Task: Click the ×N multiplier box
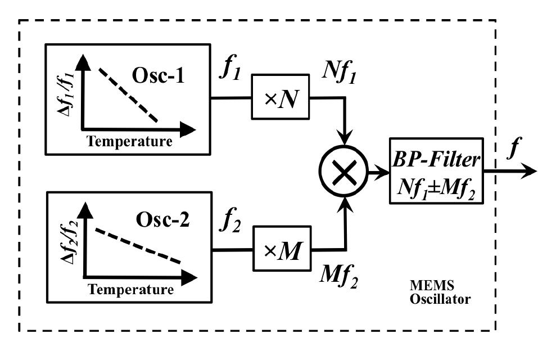278,96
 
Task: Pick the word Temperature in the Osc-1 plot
129,141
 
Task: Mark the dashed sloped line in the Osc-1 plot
128,94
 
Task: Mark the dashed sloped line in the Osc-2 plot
138,246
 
